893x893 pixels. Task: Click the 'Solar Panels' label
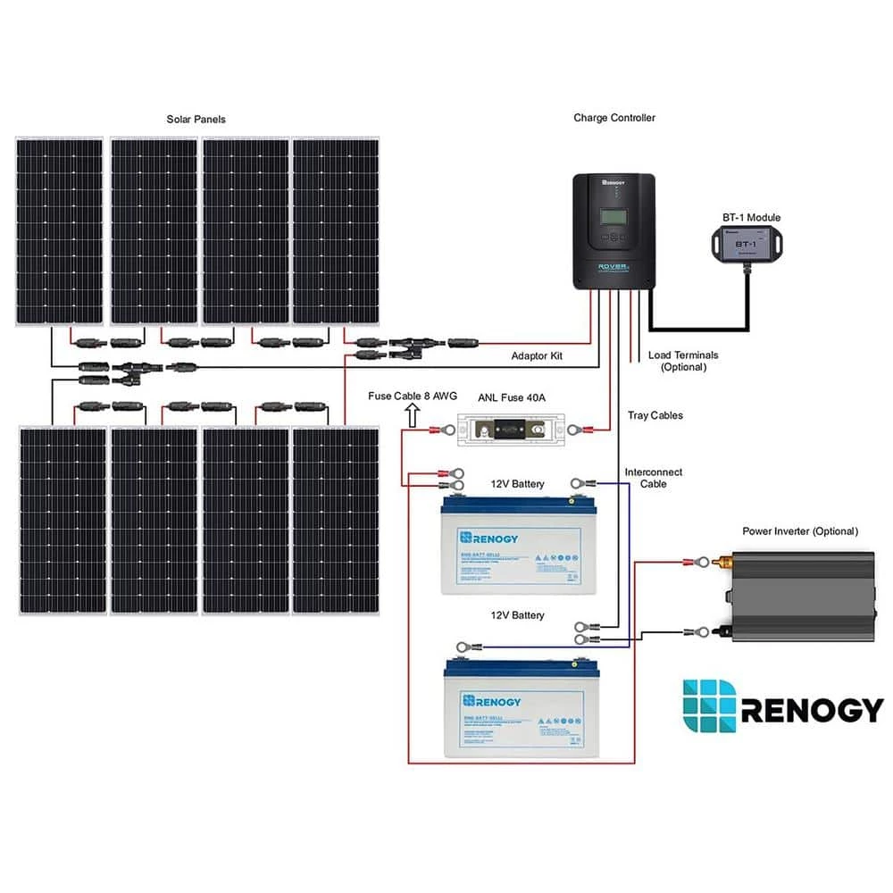[196, 119]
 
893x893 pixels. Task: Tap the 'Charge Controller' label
[613, 117]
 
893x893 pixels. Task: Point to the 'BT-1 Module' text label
[750, 218]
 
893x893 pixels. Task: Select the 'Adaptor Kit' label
[536, 355]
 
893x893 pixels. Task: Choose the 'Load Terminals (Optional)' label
[683, 361]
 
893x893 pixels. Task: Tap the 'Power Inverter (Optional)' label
[799, 531]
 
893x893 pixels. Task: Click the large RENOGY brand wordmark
[811, 710]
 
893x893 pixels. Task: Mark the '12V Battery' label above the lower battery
[517, 615]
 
